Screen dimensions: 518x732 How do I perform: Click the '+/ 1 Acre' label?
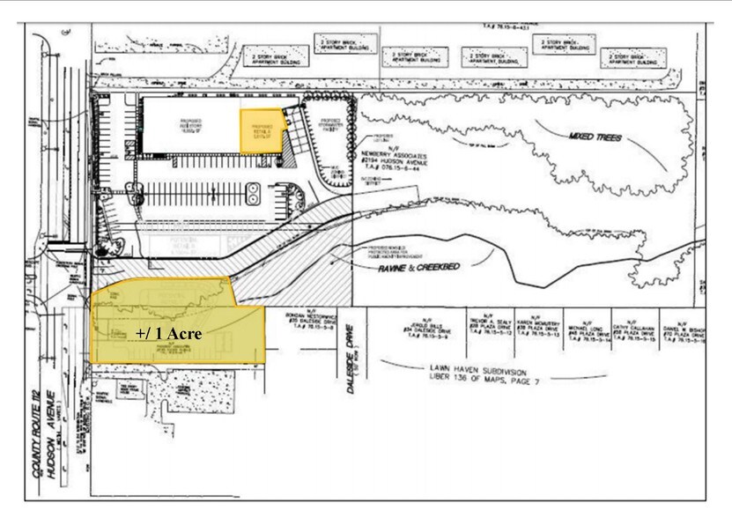(x=169, y=334)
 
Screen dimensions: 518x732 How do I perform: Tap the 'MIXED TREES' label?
(x=590, y=140)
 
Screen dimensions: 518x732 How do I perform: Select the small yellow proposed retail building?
(x=262, y=131)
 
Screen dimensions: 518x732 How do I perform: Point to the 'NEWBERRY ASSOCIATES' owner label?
(x=392, y=157)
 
